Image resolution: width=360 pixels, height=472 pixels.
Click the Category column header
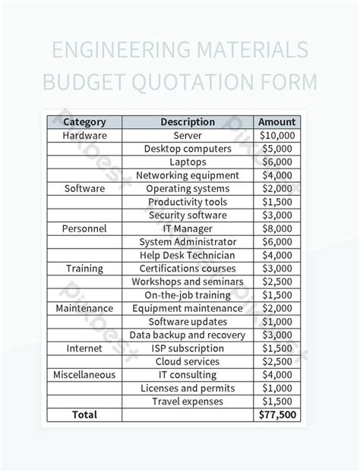[84, 121]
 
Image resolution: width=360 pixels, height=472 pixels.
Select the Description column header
[187, 121]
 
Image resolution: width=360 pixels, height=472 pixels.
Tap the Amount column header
[276, 121]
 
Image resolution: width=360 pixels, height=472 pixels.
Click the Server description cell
[187, 135]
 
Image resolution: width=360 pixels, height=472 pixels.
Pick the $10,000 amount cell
[276, 135]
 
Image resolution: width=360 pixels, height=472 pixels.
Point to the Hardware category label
[84, 135]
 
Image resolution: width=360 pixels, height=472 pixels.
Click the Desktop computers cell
[187, 149]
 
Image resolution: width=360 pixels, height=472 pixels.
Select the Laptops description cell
[187, 162]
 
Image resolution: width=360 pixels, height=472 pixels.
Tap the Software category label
[84, 188]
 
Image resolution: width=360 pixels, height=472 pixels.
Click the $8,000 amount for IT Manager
[276, 228]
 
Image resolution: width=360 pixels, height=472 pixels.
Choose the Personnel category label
[84, 228]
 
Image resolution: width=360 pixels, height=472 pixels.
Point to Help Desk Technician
[187, 255]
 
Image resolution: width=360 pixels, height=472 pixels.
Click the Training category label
[84, 269]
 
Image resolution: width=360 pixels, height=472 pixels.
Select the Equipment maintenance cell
[187, 308]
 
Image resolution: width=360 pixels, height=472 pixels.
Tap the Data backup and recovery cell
[187, 335]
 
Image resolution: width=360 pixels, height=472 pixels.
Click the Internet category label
[84, 348]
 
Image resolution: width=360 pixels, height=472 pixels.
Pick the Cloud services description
[187, 361]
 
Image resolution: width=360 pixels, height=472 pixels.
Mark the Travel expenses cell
[187, 401]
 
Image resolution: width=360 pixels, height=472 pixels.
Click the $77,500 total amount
[276, 415]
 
